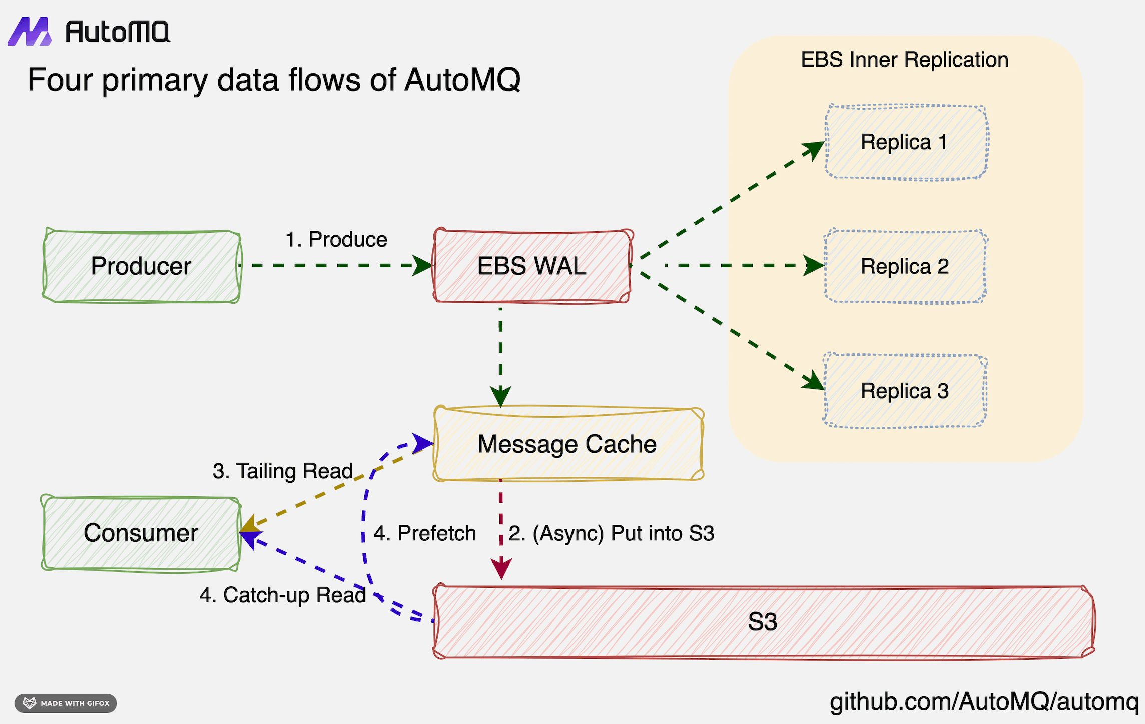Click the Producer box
coord(142,266)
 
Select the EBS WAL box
coord(532,266)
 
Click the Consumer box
coord(141,533)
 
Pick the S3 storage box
coord(763,621)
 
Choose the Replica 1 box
coord(905,142)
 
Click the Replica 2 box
coord(905,266)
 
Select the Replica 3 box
coord(905,391)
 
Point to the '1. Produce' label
coord(336,239)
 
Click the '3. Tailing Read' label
coord(283,471)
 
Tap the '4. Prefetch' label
coord(425,533)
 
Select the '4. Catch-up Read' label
coord(283,595)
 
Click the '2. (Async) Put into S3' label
coord(612,533)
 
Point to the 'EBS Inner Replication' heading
coord(904,60)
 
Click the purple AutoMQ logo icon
coord(30,32)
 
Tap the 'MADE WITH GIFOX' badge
coord(66,703)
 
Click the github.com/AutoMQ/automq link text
coord(984,701)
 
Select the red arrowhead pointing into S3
coord(501,569)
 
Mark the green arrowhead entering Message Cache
coord(500,396)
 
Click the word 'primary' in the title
coord(154,80)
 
